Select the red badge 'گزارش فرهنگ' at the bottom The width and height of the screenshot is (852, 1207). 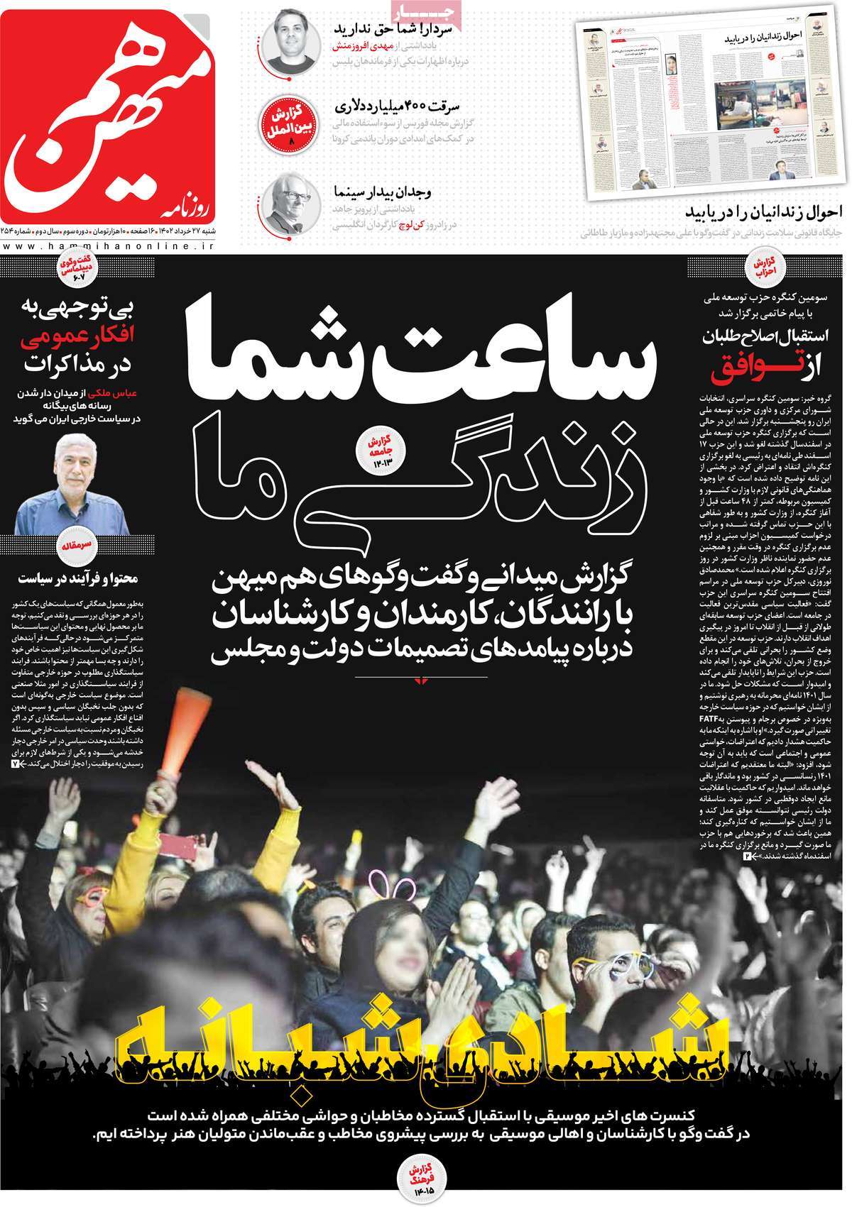pos(424,1171)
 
